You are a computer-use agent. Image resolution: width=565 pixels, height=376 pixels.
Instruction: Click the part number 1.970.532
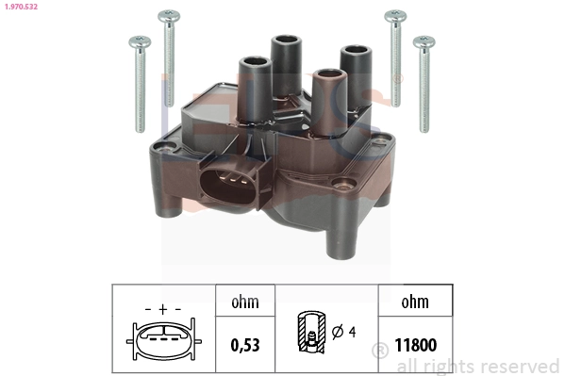tap(21, 8)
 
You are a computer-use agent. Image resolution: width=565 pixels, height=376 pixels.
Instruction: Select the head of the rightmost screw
tap(424, 41)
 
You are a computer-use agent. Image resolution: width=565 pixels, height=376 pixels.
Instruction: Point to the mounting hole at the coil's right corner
tap(381, 143)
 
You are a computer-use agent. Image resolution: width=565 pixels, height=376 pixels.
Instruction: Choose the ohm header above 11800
tap(414, 302)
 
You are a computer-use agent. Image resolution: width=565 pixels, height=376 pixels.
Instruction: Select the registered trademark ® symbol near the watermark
tap(380, 351)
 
